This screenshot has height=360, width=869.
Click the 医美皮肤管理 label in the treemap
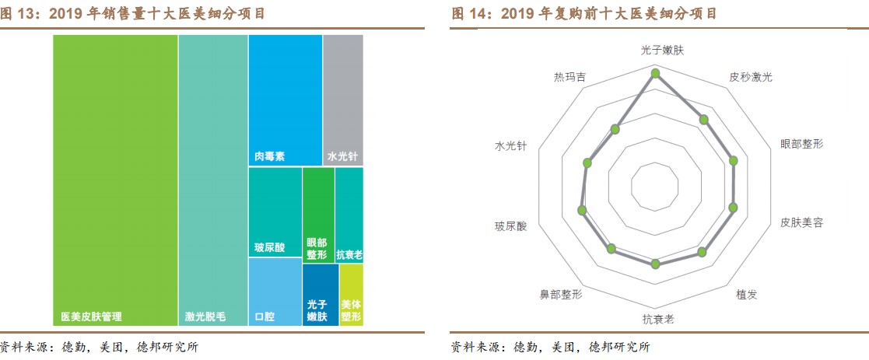click(91, 317)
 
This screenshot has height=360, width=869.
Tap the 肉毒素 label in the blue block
click(269, 156)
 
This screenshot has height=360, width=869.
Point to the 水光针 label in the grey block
click(342, 156)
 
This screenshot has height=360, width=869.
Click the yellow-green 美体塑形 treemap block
click(351, 295)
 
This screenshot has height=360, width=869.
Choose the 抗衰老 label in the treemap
click(349, 254)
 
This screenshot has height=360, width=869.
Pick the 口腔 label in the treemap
click(265, 317)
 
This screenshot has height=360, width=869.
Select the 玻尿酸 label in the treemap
click(269, 248)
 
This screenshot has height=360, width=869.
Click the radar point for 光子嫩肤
click(655, 74)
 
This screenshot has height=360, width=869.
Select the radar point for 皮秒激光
click(704, 120)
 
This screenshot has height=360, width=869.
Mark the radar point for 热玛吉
click(616, 129)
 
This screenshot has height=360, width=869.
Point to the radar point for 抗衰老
click(655, 264)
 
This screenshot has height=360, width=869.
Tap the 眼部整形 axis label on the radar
click(801, 145)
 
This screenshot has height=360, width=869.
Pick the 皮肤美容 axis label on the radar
click(801, 222)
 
